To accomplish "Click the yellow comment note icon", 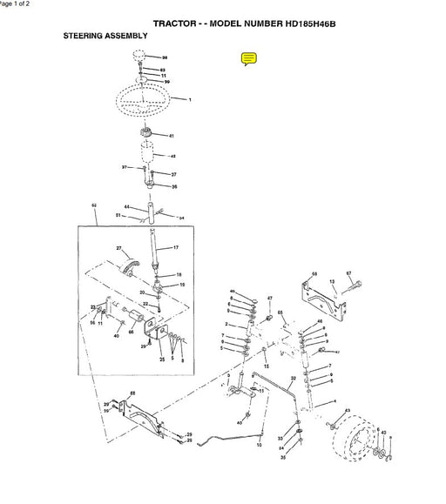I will point(248,59).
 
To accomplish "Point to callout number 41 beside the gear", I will point(172,136).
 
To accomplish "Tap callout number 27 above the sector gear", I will point(118,248).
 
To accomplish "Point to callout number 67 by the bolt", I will point(348,273).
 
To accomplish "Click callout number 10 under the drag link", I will point(259,444).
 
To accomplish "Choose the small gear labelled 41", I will point(147,135).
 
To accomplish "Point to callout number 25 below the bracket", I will point(162,359).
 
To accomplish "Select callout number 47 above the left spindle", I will point(270,299).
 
